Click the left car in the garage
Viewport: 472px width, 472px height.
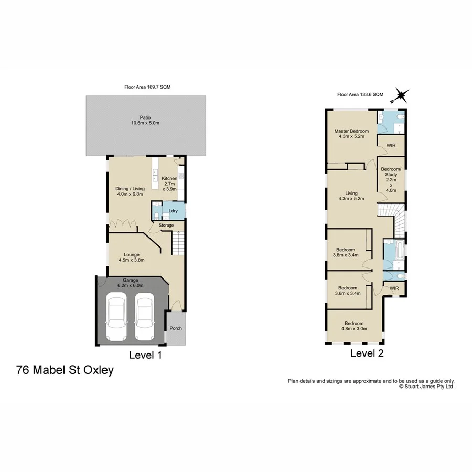[116, 317]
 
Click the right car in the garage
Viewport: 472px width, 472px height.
[145, 317]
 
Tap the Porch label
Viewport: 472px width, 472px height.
[176, 329]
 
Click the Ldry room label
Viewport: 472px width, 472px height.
[173, 211]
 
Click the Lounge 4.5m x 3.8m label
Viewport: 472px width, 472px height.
[131, 257]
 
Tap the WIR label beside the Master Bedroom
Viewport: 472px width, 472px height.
[391, 145]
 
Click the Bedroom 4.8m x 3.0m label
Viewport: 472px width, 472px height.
[355, 326]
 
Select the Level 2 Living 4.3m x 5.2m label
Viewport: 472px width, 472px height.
[351, 196]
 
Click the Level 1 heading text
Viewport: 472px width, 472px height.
[145, 355]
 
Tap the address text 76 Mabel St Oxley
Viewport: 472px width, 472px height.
[65, 370]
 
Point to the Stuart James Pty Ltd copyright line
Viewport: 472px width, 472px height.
[427, 386]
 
